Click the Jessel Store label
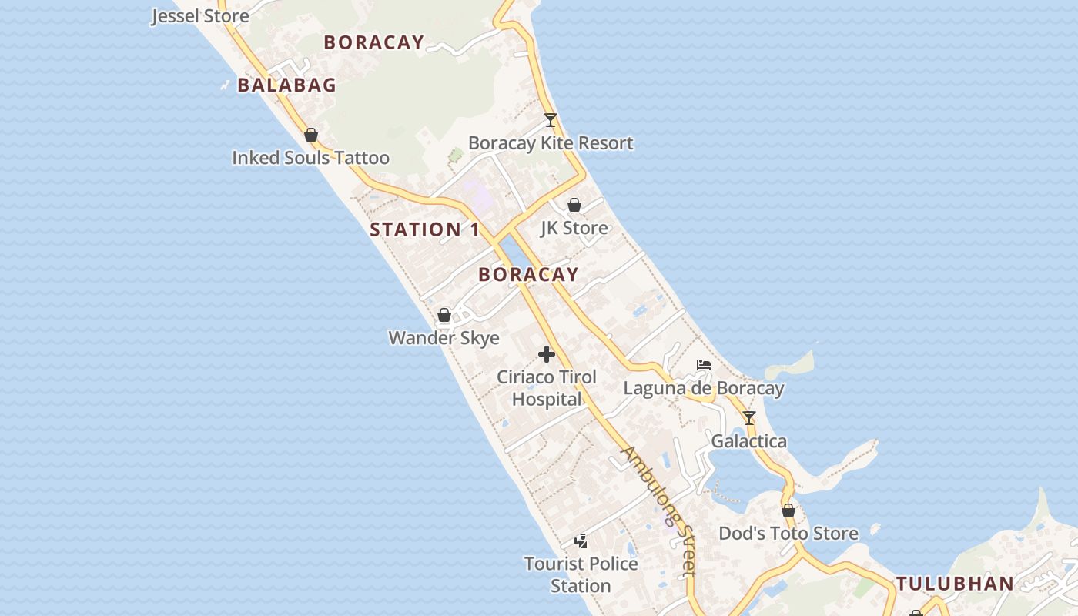point(200,15)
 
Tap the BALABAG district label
point(286,85)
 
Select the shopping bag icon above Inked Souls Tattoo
point(311,136)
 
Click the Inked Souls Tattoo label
point(310,158)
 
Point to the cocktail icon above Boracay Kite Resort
point(550,120)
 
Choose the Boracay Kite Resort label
point(551,143)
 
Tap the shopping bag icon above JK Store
point(574,205)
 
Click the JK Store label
point(574,228)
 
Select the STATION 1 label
point(424,229)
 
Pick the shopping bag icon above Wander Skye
point(444,315)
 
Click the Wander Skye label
point(444,338)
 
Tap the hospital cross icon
point(547,354)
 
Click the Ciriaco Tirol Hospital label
point(547,388)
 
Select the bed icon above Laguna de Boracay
point(703,364)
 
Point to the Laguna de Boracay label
point(703,388)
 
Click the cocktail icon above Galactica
point(748,418)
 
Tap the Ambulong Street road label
point(660,511)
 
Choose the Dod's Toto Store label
point(788,534)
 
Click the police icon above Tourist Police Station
point(581,541)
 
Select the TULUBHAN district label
point(955,584)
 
